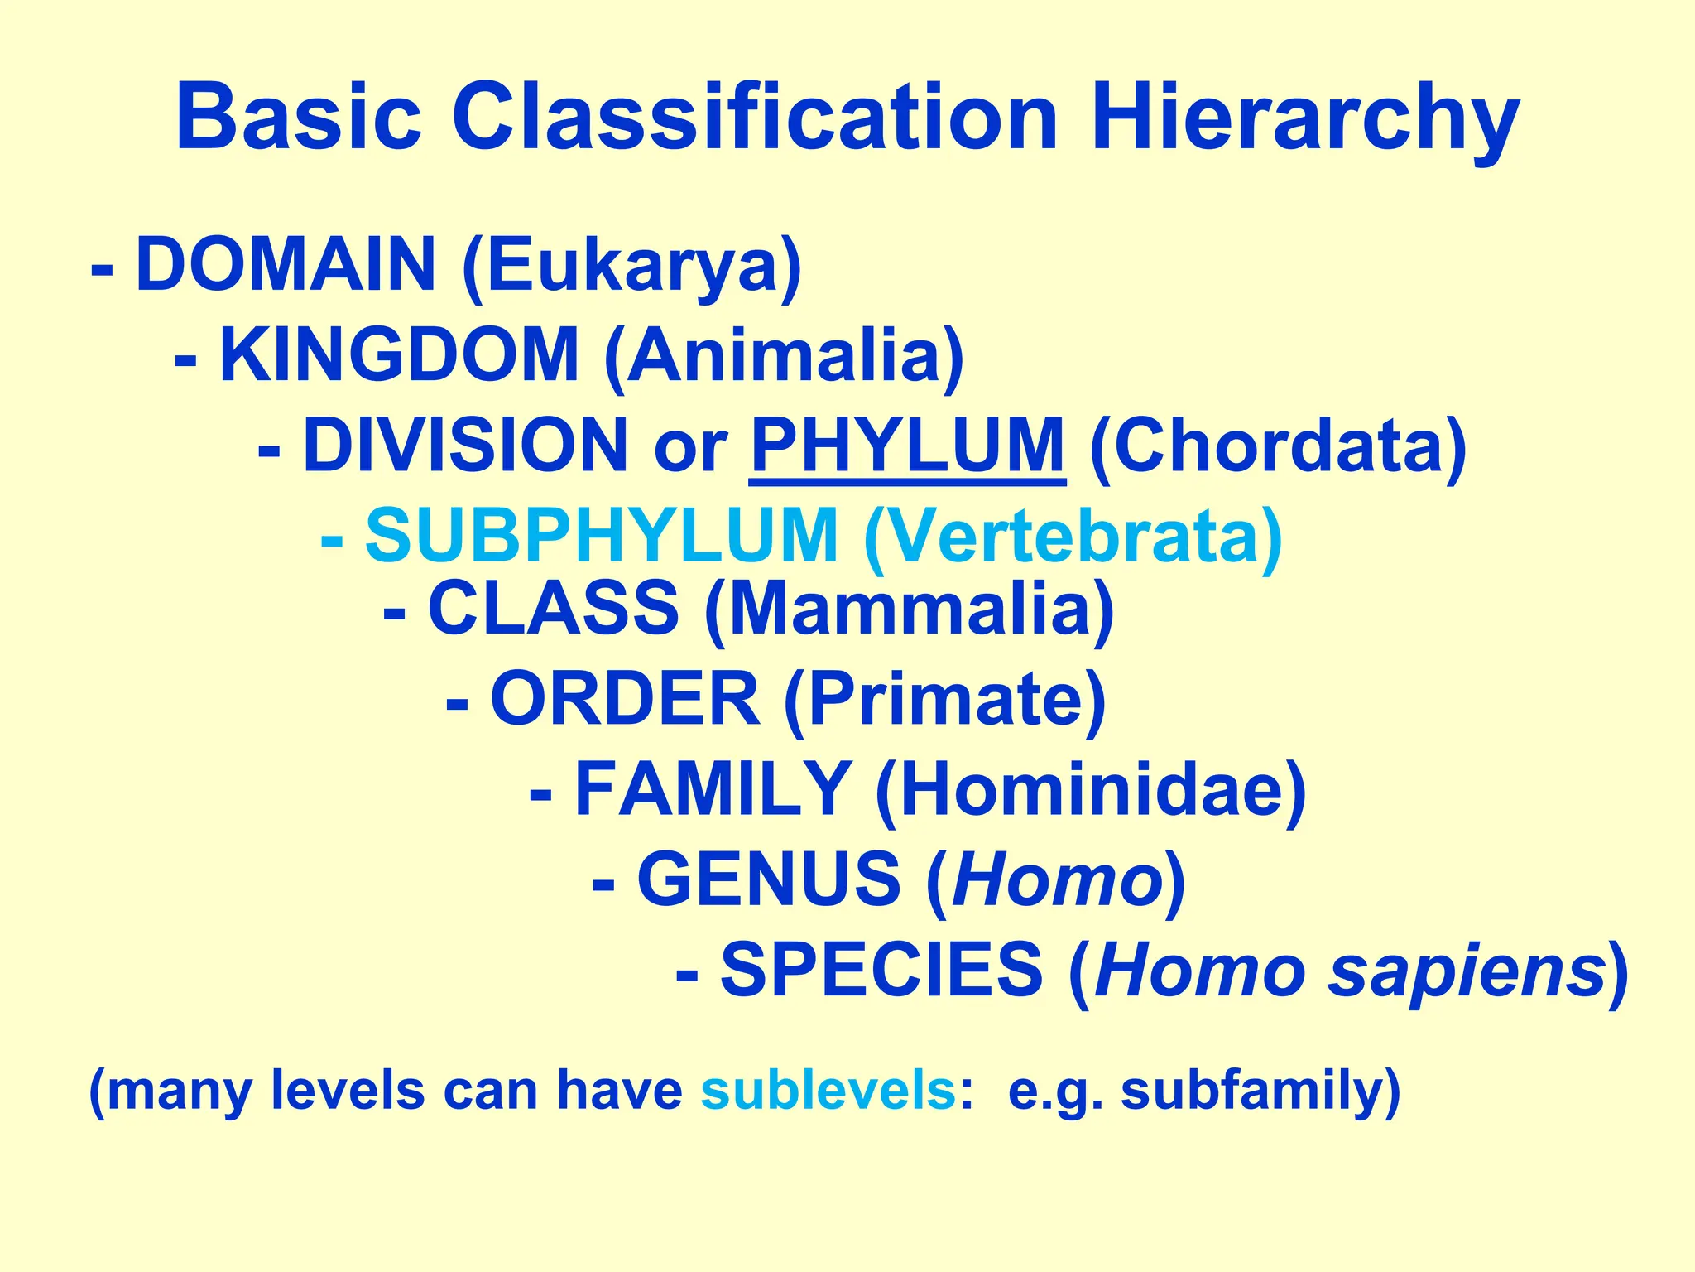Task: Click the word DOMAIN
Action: (x=286, y=265)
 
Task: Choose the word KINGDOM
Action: (x=399, y=356)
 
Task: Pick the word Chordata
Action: (x=1279, y=447)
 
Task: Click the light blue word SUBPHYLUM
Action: (x=602, y=537)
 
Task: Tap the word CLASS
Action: (x=554, y=609)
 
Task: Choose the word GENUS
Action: (x=769, y=879)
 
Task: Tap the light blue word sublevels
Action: (x=828, y=1091)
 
